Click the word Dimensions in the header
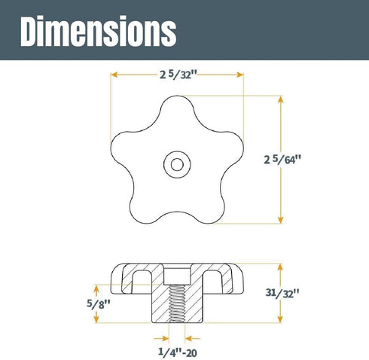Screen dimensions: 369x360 (98, 31)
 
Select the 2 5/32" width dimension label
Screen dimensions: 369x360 (178, 75)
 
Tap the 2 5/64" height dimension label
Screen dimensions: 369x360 (282, 160)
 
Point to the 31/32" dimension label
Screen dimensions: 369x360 (282, 293)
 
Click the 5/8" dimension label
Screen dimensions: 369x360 (99, 304)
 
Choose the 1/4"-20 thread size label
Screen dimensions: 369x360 (178, 352)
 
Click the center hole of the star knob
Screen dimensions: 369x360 (177, 165)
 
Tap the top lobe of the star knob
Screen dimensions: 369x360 (177, 107)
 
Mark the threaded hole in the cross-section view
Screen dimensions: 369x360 (177, 304)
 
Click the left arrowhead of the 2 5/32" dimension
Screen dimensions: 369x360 (114, 75)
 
